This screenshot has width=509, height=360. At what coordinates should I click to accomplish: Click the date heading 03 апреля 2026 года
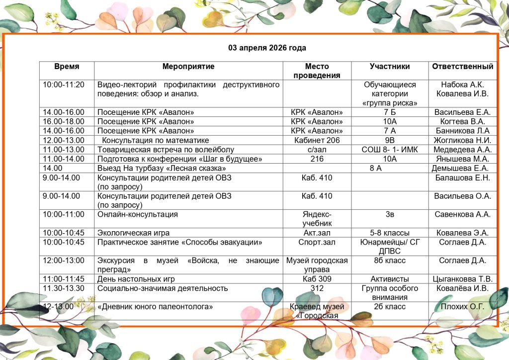[x=267, y=48]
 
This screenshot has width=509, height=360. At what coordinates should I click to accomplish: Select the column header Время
[x=67, y=67]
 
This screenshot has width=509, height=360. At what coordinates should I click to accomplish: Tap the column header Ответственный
[x=462, y=67]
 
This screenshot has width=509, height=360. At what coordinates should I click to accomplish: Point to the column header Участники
[x=390, y=67]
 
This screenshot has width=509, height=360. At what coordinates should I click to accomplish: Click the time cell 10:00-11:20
[x=64, y=85]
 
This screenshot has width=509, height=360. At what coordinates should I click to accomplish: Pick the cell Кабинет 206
[x=317, y=140]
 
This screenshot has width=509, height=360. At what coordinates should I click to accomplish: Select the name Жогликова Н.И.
[x=462, y=140]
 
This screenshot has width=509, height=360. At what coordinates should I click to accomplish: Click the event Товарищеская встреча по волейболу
[x=166, y=150]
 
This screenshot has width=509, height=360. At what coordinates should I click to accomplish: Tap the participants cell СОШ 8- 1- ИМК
[x=390, y=150]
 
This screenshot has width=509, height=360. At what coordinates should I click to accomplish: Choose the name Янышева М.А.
[x=462, y=159]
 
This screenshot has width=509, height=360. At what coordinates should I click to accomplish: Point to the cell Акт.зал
[x=317, y=233]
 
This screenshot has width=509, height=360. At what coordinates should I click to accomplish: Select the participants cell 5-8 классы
[x=390, y=233]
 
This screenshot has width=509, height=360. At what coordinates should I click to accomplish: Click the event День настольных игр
[x=136, y=279]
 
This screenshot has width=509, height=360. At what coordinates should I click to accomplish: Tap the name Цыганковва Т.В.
[x=462, y=279]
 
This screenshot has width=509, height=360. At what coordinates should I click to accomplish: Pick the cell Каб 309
[x=317, y=279]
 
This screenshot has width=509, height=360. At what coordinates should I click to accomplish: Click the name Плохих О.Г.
[x=462, y=306]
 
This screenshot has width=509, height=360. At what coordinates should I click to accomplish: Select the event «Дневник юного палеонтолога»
[x=155, y=307]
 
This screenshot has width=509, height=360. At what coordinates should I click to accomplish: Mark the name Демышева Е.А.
[x=462, y=168]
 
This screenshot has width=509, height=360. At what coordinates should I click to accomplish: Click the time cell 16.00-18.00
[x=64, y=122]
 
